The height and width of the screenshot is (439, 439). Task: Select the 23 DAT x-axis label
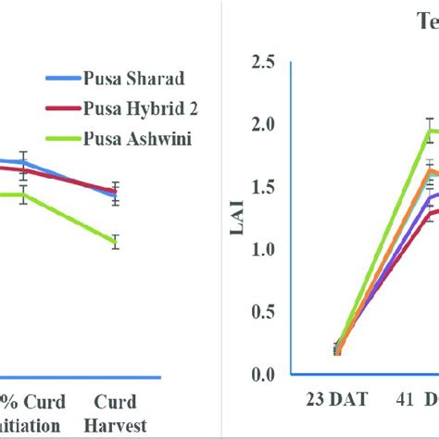336,402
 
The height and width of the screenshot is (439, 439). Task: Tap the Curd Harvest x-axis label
116,413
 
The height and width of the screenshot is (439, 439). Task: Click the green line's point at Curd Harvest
116,242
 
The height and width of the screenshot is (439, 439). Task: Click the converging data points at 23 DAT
337,349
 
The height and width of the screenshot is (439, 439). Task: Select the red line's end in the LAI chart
432,213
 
